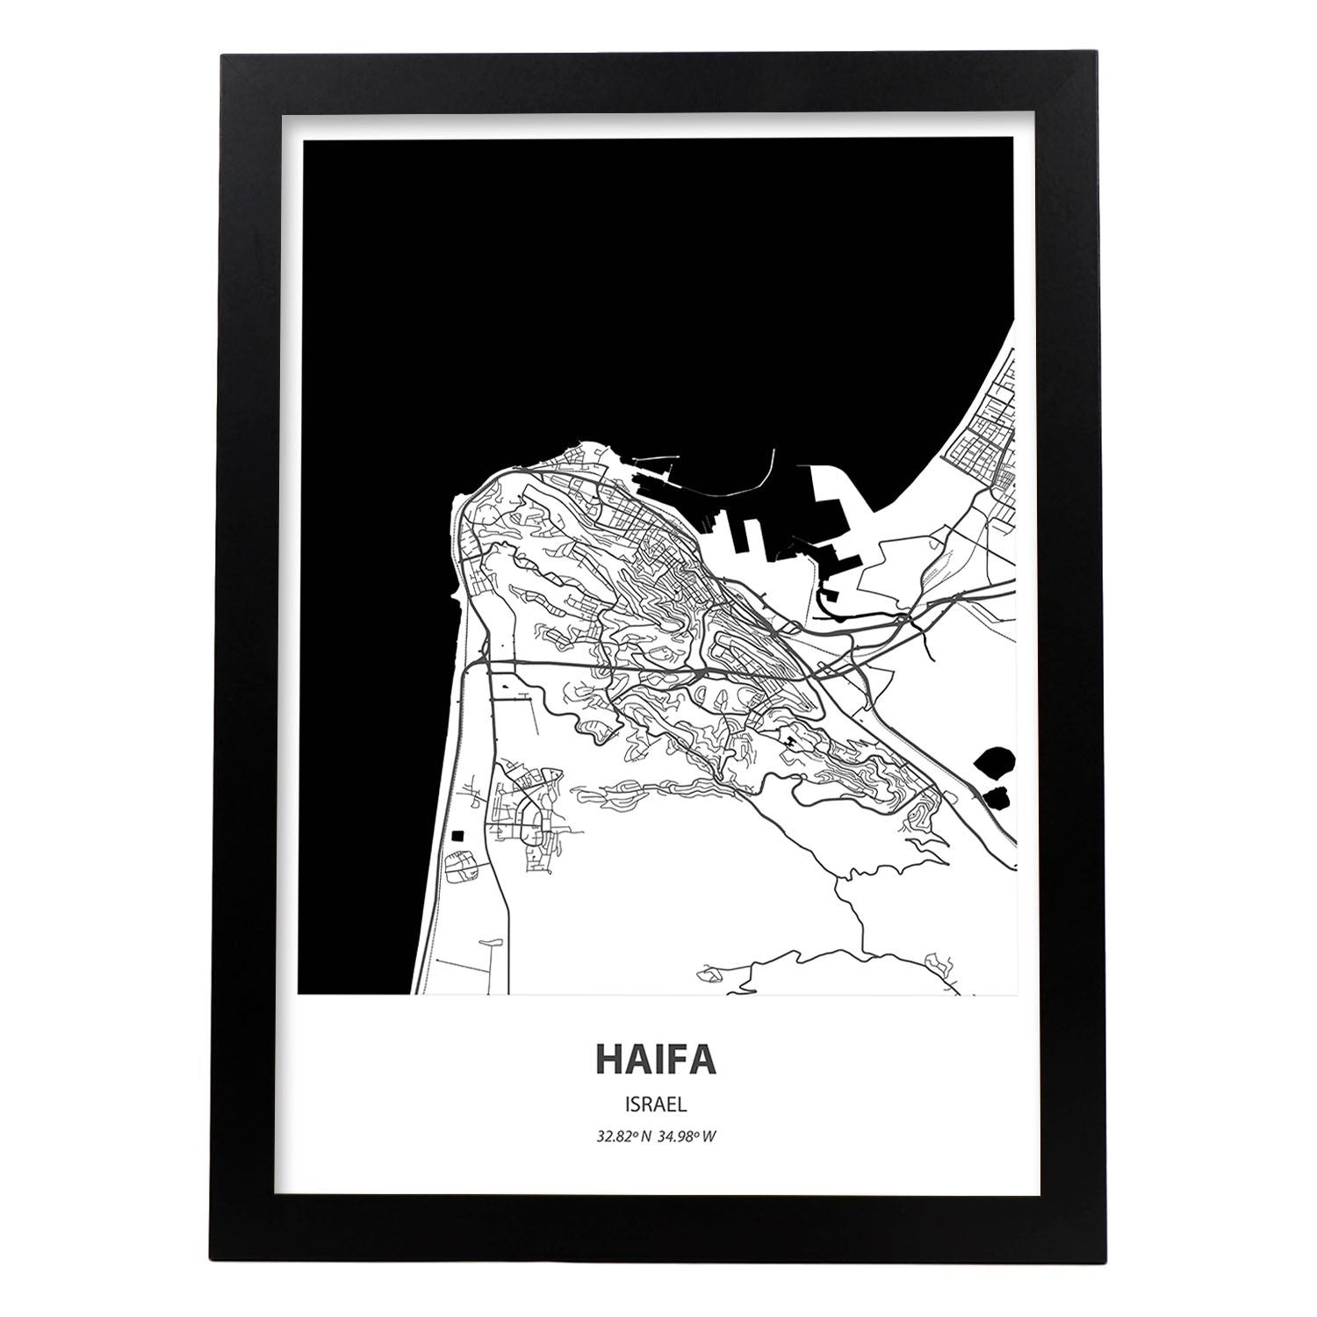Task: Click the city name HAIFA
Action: click(657, 1060)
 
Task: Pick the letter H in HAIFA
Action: click(612, 1060)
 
